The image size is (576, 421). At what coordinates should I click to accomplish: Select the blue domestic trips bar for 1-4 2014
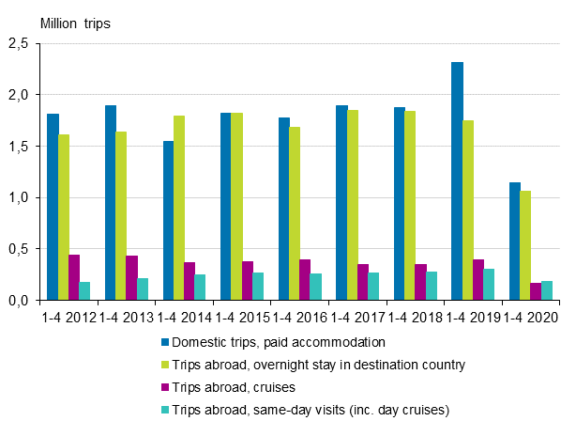pos(168,221)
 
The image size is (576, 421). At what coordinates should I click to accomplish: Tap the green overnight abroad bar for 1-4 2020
pos(525,245)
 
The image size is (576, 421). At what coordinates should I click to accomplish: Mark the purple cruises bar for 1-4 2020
pos(537,291)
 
